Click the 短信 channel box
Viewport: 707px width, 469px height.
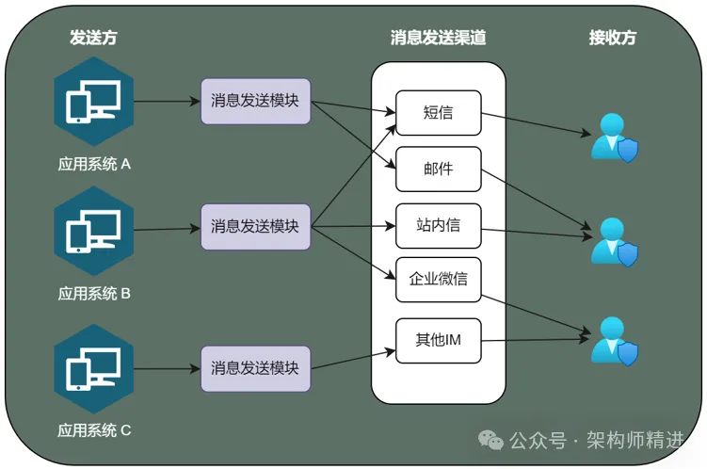[x=438, y=112]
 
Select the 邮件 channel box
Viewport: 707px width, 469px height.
[x=438, y=170]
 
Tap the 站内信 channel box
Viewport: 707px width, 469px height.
[x=438, y=226]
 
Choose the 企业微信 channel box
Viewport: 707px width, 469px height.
[x=438, y=280]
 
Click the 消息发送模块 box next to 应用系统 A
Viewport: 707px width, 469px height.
[x=255, y=101]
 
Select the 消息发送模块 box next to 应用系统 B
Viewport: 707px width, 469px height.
[x=255, y=226]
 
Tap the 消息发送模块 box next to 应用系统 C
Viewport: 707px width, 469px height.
[x=255, y=368]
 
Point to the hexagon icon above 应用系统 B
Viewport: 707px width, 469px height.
[x=93, y=230]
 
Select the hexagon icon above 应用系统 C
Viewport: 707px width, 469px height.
[x=93, y=368]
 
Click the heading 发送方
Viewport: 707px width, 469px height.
[x=93, y=38]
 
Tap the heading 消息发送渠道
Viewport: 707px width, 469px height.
[x=438, y=38]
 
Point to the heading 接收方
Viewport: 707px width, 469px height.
[x=613, y=38]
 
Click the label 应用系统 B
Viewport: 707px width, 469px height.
[x=94, y=293]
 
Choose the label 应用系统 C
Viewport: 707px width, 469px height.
[x=94, y=430]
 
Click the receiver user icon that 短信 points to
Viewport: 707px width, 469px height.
[x=614, y=137]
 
